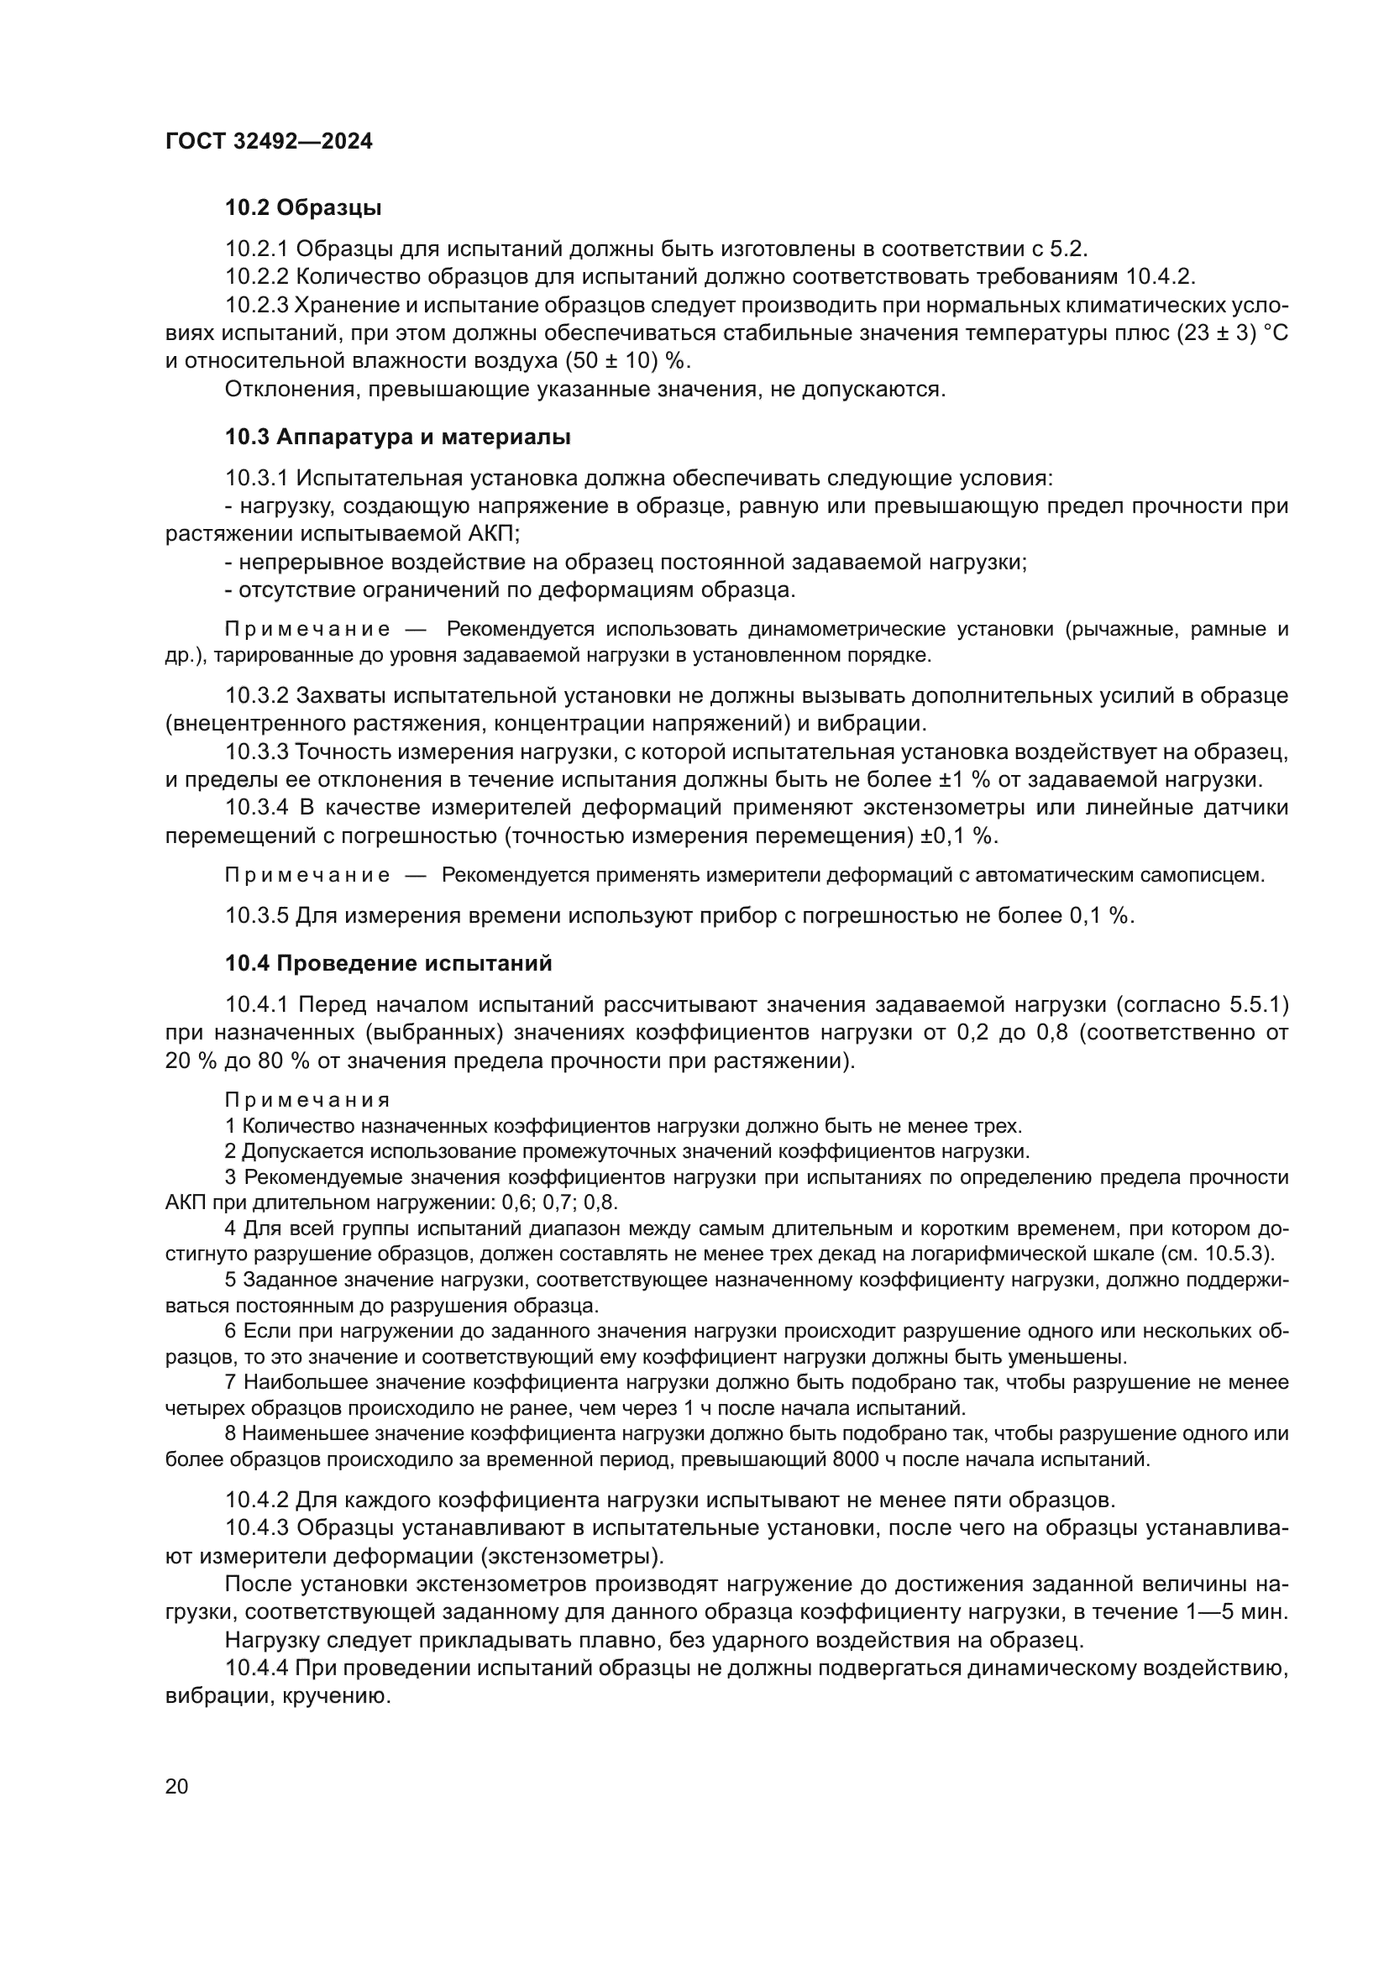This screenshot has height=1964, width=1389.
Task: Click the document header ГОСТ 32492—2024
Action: click(269, 142)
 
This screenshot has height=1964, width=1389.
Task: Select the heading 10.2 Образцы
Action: click(303, 208)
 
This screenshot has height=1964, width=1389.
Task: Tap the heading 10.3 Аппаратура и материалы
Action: click(398, 437)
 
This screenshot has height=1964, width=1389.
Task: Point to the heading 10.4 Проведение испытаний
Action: click(388, 963)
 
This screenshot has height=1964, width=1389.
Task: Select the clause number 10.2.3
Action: click(258, 306)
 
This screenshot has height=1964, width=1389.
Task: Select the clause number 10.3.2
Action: click(258, 695)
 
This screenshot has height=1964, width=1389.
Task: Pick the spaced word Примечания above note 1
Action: click(308, 1100)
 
